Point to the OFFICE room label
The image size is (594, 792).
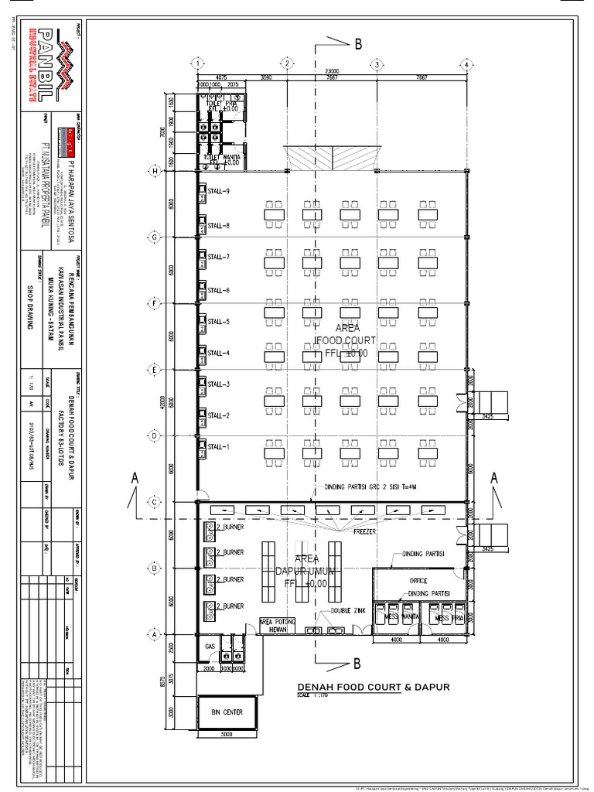[418, 580]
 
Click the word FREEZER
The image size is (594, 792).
[365, 532]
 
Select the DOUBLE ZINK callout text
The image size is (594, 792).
[347, 610]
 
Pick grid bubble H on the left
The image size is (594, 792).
[155, 171]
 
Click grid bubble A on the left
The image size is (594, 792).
[155, 633]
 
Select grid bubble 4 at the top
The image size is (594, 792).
[467, 63]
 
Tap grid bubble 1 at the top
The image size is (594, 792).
[198, 63]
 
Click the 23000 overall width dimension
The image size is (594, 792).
[333, 70]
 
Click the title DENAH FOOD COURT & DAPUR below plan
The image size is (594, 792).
[373, 687]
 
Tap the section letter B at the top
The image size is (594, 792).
[358, 45]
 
